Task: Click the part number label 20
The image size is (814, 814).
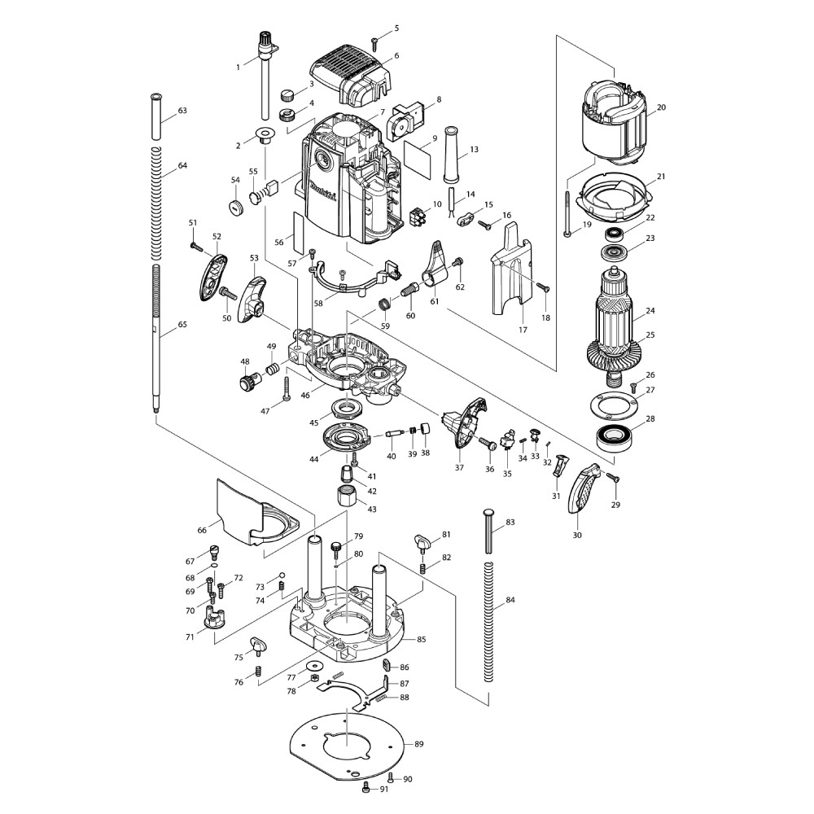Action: (x=661, y=107)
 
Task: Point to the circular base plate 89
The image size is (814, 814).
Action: (x=346, y=742)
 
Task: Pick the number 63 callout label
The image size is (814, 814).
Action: (x=182, y=110)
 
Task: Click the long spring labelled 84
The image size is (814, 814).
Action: (x=488, y=619)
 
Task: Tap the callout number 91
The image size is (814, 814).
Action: (x=384, y=790)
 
